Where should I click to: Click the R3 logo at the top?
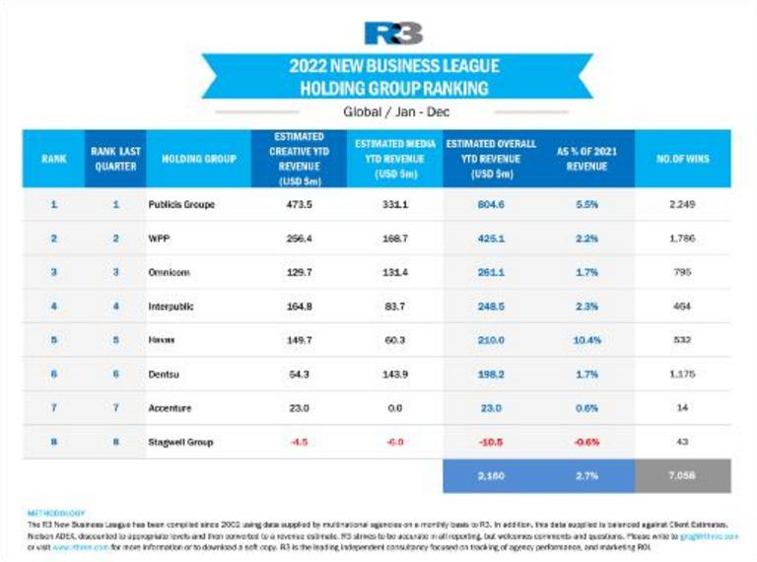393,34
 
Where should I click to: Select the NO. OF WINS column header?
682,158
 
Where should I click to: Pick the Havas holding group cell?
164,340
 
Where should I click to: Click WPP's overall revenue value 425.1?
488,239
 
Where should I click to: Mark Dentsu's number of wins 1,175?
682,375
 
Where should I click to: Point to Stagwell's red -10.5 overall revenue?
488,442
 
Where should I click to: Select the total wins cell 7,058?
682,477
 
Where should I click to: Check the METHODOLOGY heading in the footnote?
57,513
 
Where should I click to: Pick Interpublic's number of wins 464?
682,307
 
